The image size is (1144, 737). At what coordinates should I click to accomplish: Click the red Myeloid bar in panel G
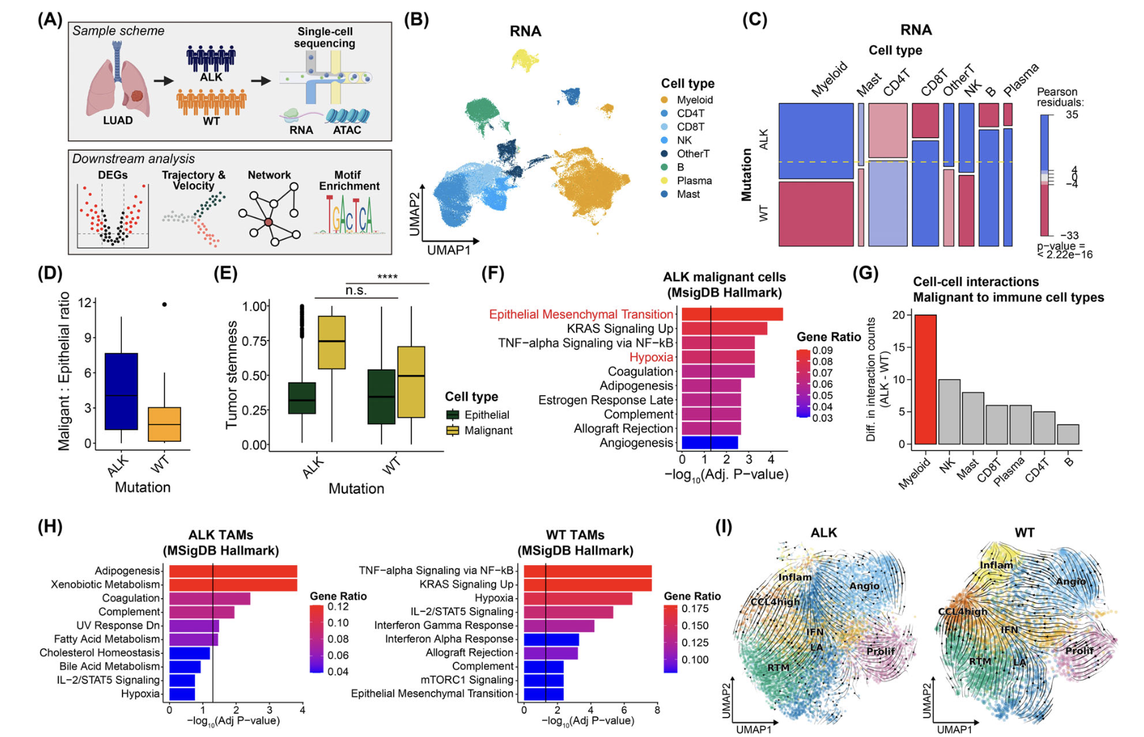point(926,379)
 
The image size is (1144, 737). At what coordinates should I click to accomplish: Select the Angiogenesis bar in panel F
point(709,442)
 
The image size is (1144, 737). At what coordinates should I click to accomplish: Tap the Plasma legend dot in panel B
point(665,181)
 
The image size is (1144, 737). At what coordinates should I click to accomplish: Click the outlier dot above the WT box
point(164,305)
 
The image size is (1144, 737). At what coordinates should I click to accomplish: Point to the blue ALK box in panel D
point(121,391)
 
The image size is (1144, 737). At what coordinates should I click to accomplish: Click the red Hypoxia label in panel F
point(651,357)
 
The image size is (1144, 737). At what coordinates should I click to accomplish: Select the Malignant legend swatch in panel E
point(453,430)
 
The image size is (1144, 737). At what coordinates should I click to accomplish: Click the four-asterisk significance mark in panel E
point(387,277)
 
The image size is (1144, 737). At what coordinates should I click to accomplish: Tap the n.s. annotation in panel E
point(356,291)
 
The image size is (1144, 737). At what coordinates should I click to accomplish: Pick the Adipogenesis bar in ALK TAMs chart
point(232,571)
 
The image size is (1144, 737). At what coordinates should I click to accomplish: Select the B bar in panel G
point(1068,434)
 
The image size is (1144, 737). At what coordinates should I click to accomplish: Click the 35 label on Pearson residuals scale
point(1071,115)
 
